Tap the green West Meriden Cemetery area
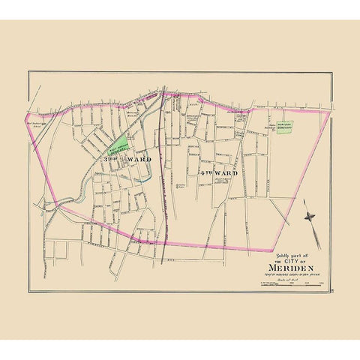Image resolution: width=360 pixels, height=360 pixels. [x=121, y=141]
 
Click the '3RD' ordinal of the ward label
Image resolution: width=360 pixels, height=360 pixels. [x=110, y=160]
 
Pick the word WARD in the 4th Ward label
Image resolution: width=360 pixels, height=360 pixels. [x=225, y=173]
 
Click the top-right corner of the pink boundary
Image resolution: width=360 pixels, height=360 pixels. [x=328, y=111]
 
